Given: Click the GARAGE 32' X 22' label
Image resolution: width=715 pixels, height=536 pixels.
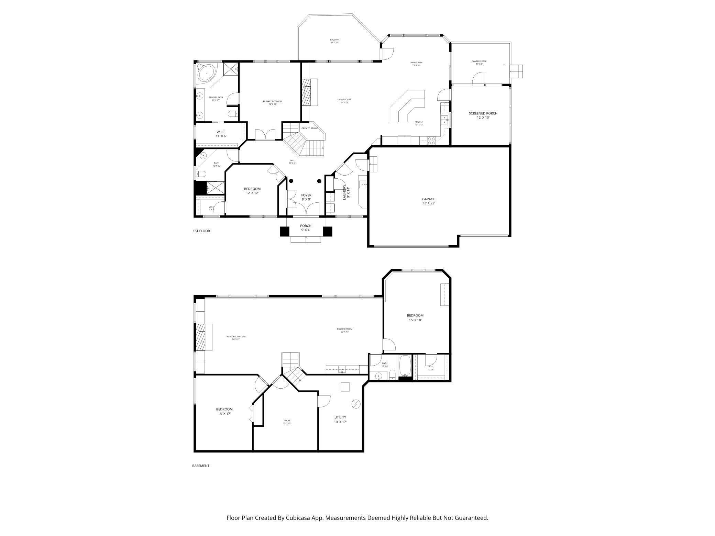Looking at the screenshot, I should click(428, 201).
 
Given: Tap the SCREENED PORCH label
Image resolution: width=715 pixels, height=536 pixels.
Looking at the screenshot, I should click(483, 115).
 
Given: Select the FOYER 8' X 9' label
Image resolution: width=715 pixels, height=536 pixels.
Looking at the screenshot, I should click(306, 197).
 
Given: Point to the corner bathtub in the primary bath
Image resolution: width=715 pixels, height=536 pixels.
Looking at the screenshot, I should click(206, 74).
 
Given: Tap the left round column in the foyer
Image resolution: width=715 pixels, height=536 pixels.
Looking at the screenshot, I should click(291, 181).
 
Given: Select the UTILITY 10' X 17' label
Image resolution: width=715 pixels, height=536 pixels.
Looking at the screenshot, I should click(340, 420).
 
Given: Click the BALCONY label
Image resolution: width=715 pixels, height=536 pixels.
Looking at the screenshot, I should click(334, 41).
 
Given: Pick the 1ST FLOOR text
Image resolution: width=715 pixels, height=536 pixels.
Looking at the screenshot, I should click(201, 231).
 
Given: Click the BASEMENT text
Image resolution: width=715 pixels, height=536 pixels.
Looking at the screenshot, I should click(200, 466).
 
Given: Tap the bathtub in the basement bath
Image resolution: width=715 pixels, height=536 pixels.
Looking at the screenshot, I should click(405, 367).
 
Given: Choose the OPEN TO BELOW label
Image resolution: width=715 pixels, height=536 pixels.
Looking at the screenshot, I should click(309, 128).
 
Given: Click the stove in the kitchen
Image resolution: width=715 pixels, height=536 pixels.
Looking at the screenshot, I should click(432, 140).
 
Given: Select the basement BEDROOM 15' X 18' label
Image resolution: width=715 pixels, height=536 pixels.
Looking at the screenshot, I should click(415, 317).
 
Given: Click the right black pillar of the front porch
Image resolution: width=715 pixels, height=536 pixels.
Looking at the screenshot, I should click(327, 231).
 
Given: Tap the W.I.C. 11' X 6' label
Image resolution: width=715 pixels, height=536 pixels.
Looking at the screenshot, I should click(221, 134).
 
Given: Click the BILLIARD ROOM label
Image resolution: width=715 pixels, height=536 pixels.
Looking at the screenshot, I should click(344, 330).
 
